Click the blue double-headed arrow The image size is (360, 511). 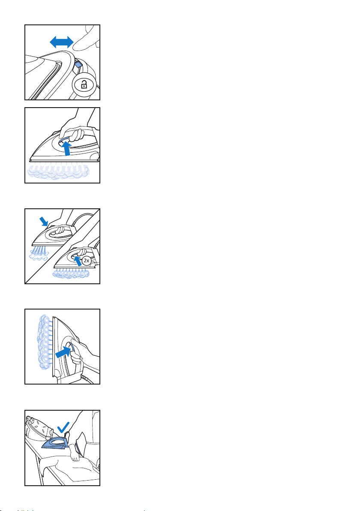click(x=61, y=42)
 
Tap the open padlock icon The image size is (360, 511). click(x=84, y=85)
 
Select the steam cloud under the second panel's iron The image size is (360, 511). click(x=58, y=171)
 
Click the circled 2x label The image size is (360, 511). click(x=86, y=261)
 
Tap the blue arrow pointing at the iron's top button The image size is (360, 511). click(x=43, y=222)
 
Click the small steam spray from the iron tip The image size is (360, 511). click(x=39, y=253)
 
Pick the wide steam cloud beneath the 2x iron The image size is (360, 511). click(x=71, y=273)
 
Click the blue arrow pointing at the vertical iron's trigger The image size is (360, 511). click(x=63, y=352)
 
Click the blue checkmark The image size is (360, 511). click(x=63, y=427)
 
